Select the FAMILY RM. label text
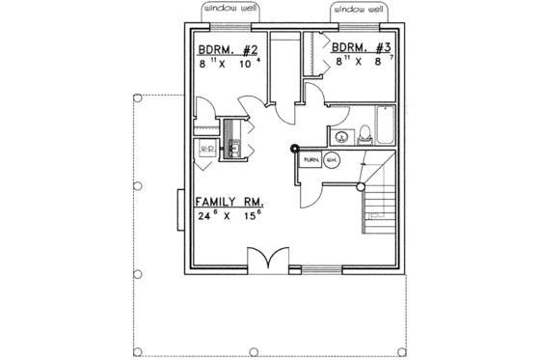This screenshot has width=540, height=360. [x=230, y=203]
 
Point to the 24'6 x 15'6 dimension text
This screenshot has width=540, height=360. [x=230, y=217]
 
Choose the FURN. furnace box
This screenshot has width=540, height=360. [x=311, y=159]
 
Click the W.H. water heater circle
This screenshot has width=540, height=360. [x=332, y=160]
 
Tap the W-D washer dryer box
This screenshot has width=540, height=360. [x=205, y=149]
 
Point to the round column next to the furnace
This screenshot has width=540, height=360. [x=294, y=149]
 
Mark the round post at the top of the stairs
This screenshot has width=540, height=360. [x=361, y=185]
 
